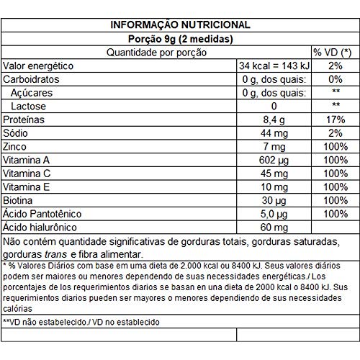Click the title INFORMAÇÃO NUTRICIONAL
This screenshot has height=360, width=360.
180,25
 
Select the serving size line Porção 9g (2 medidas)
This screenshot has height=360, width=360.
180,39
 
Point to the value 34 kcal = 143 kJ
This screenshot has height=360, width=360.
273,66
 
